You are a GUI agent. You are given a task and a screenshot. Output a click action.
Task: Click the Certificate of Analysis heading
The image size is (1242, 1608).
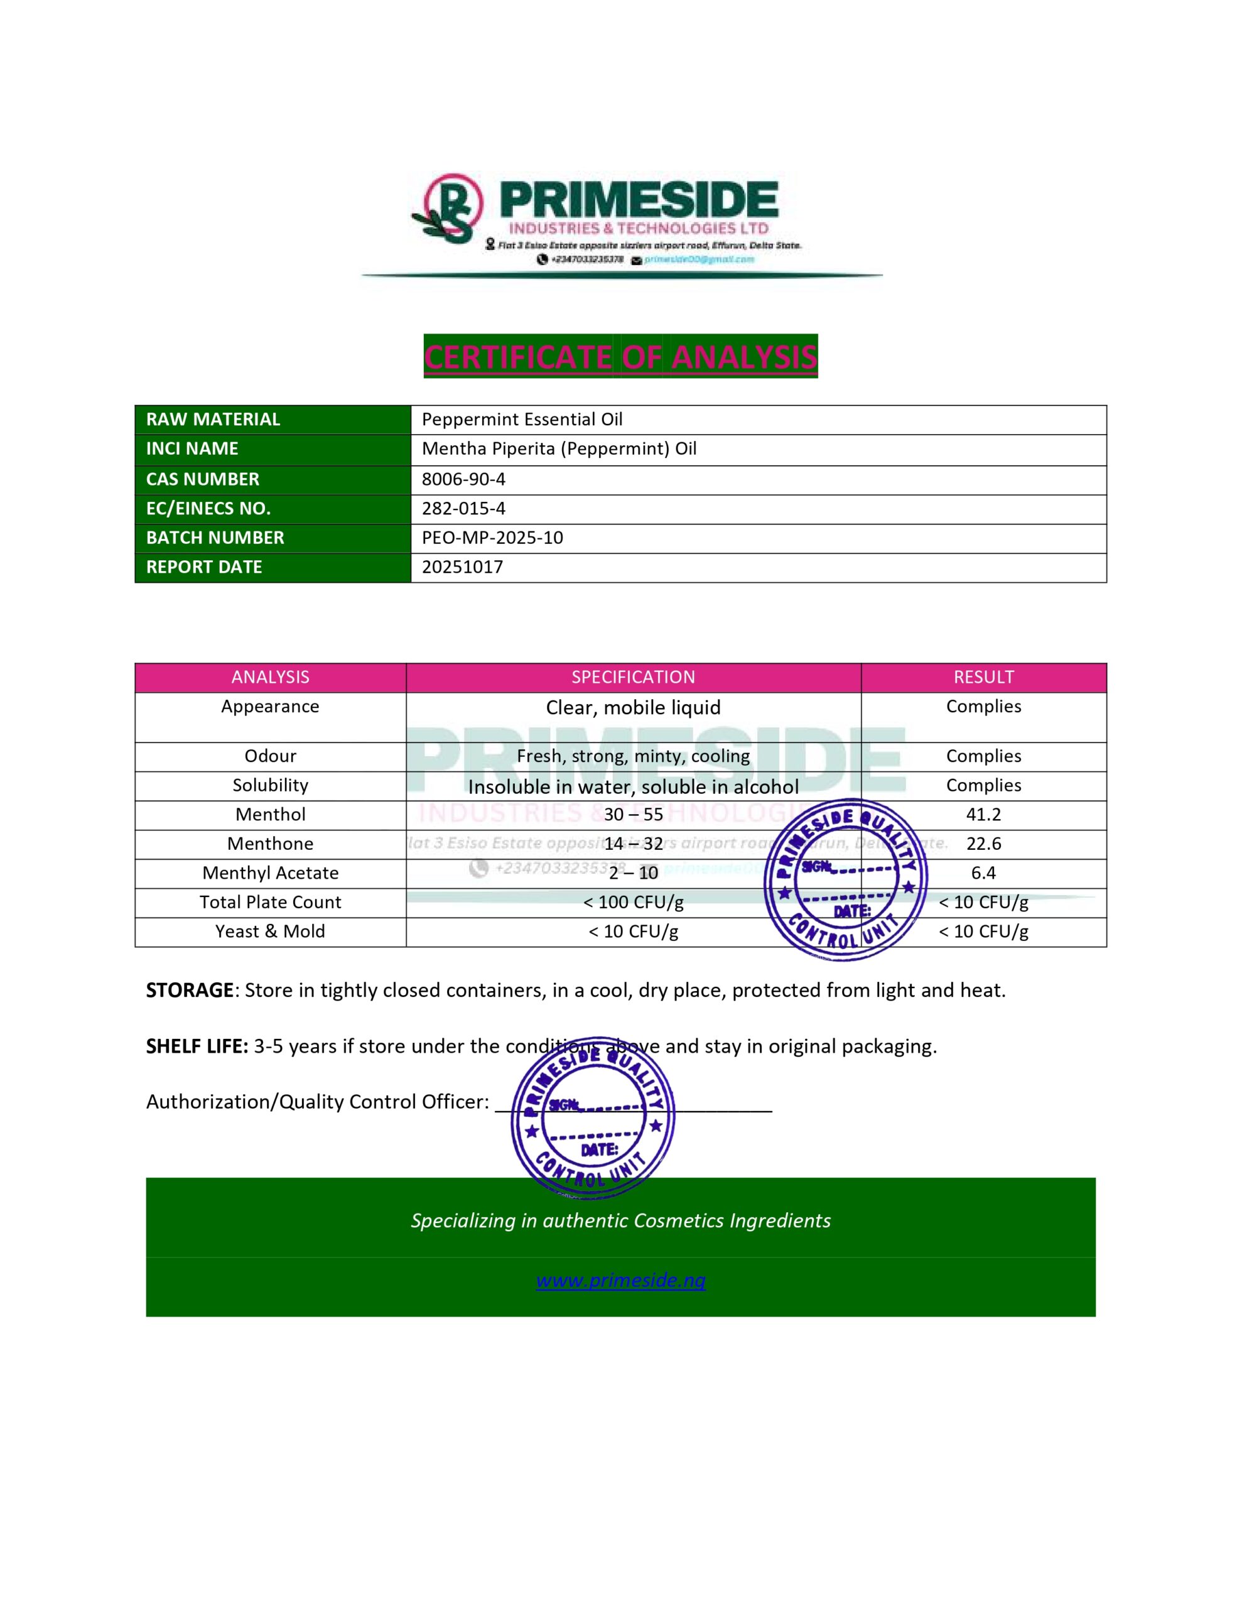(620, 357)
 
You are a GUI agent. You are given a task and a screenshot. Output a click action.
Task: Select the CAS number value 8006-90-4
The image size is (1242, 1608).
(463, 479)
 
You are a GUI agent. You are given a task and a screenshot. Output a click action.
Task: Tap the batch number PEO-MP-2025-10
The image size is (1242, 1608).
(492, 538)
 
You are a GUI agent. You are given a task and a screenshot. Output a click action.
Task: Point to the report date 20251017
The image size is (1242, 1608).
(462, 567)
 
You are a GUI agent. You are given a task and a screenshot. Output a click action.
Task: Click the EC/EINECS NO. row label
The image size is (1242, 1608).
(208, 509)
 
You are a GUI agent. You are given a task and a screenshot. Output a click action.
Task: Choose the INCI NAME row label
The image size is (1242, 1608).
(192, 448)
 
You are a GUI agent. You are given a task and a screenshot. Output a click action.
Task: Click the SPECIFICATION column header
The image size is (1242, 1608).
(632, 677)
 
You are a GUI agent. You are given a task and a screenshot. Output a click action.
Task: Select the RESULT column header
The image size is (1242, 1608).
(983, 677)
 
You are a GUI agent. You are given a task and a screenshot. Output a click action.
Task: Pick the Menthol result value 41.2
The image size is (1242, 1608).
(983, 814)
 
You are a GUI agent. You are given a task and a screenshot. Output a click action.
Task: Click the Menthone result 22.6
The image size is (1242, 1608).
(983, 844)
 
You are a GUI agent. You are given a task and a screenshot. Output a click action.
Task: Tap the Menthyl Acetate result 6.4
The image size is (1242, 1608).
(983, 873)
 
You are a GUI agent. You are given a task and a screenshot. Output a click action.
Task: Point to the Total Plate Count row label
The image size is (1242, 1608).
(270, 903)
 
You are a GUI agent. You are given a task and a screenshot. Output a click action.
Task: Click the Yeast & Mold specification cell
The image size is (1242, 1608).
(632, 932)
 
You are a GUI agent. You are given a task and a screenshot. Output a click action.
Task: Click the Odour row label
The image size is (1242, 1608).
(270, 756)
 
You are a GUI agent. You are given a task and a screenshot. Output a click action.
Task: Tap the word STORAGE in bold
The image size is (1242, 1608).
(189, 991)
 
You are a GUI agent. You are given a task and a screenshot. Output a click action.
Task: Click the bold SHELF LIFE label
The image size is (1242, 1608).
(197, 1046)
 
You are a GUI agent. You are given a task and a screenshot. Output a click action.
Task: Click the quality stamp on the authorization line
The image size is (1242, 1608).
(593, 1116)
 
